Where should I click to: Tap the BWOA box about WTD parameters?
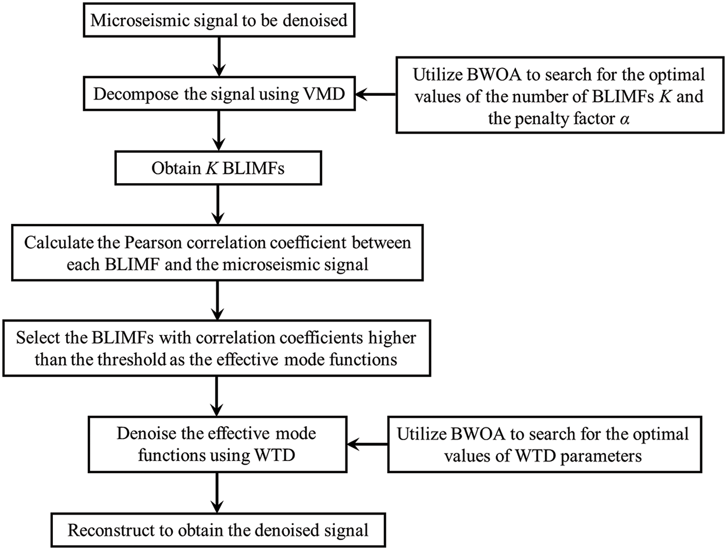pyautogui.click(x=542, y=445)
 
